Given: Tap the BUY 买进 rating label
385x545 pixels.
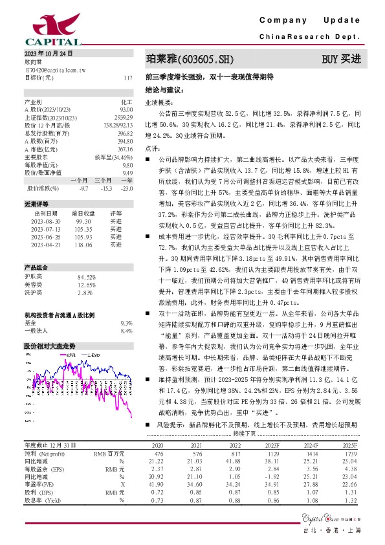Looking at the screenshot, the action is pos(341,60).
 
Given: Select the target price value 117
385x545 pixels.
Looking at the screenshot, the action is pos(127,78).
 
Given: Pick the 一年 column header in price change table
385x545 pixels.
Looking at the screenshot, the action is pos(127,181).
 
